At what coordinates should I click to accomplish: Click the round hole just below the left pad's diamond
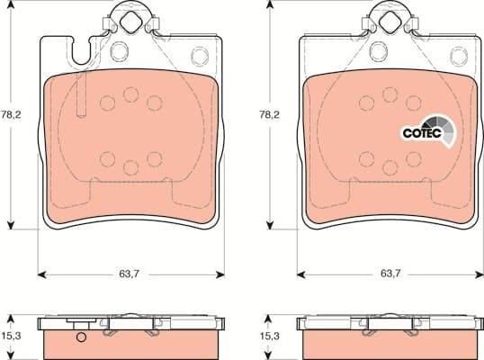point(120,49)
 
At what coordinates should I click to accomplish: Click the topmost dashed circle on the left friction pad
point(130,94)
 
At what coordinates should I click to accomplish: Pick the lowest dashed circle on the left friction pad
point(130,167)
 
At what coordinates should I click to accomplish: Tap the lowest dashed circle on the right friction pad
point(390,167)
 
